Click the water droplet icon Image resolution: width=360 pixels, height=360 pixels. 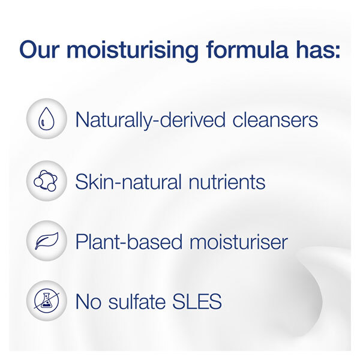click(x=44, y=119)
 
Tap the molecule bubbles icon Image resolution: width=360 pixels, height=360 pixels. click(x=44, y=180)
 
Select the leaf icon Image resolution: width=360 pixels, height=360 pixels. click(x=44, y=241)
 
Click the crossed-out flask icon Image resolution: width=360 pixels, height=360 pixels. click(x=44, y=301)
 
